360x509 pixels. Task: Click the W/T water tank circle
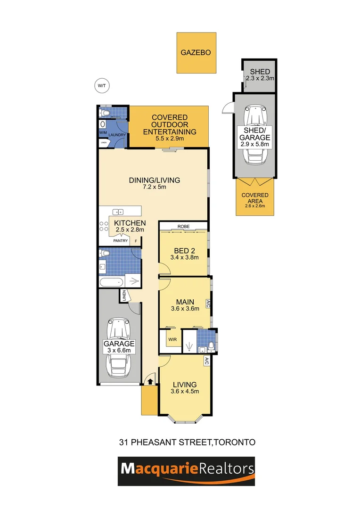(101, 85)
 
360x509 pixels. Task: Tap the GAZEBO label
(196, 53)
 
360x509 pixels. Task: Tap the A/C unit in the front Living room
(206, 361)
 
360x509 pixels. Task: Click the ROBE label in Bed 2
(183, 226)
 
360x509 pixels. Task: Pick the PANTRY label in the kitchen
(120, 241)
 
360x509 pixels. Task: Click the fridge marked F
(136, 241)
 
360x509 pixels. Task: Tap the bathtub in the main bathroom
(111, 282)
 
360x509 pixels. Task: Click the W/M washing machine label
(103, 133)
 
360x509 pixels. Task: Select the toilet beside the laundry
(103, 113)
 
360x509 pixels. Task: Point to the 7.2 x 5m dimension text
(155, 187)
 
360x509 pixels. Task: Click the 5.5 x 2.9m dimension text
(169, 139)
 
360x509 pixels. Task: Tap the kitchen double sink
(117, 212)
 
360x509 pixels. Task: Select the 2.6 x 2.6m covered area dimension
(255, 205)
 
